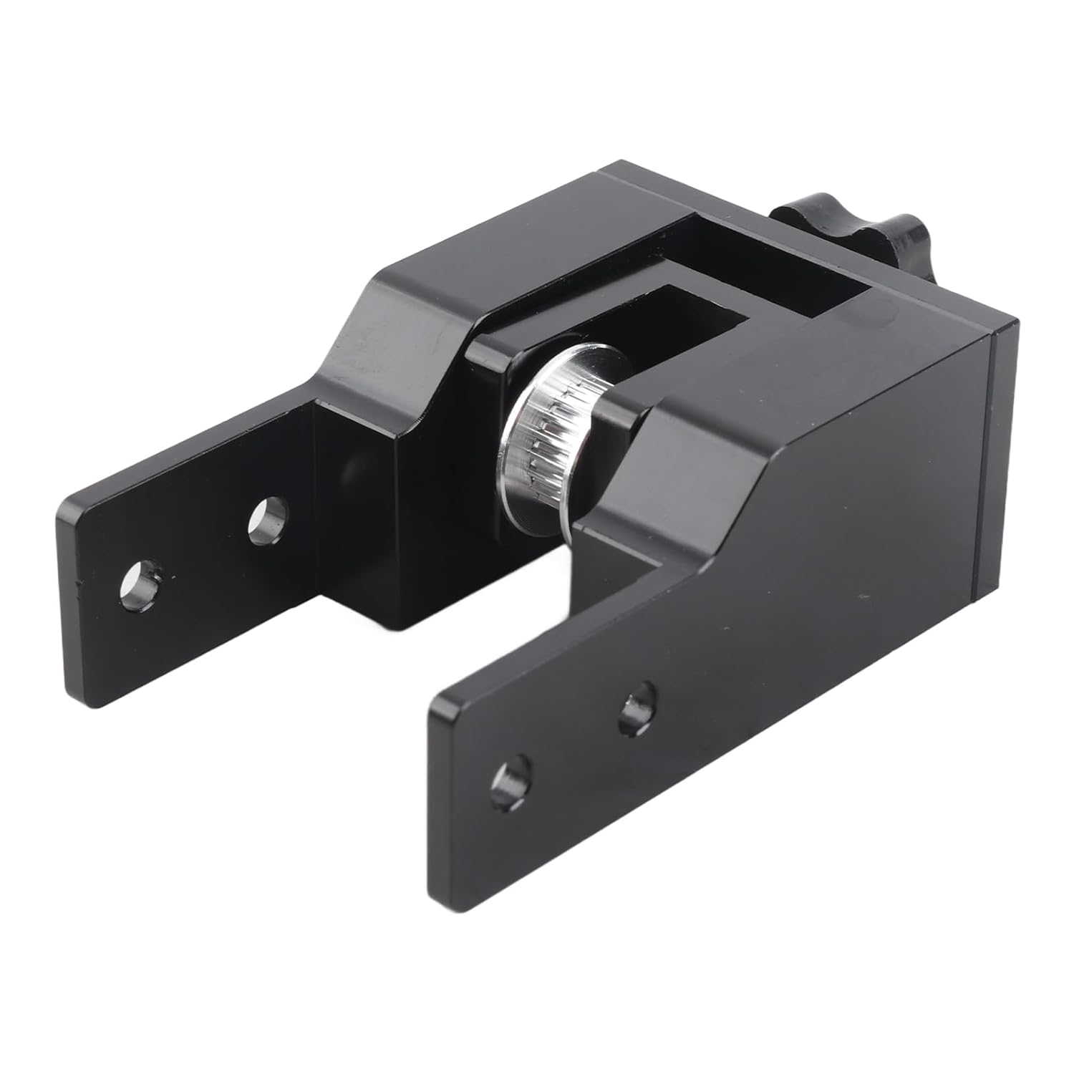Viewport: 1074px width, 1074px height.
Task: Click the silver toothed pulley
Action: click(551, 437)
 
